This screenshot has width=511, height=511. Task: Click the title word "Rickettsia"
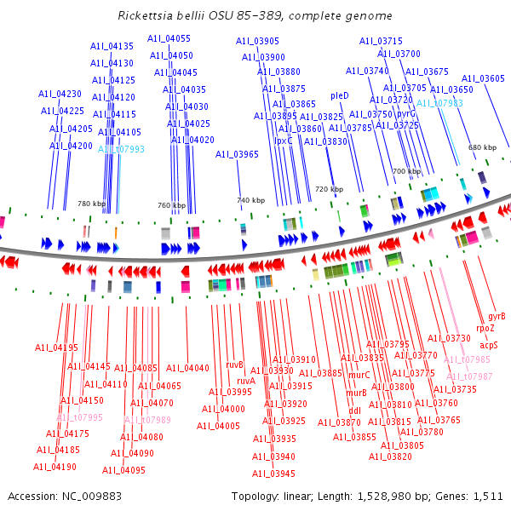click(x=146, y=15)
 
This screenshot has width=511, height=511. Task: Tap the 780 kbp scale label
click(x=91, y=204)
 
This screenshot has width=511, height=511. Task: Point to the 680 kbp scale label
click(x=482, y=147)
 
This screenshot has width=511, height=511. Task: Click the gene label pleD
click(x=339, y=95)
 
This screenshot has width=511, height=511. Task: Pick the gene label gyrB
click(x=497, y=316)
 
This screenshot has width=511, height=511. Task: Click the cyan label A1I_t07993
click(x=121, y=149)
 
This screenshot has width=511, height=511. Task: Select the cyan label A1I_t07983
click(x=439, y=103)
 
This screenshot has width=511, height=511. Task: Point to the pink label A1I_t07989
click(x=147, y=420)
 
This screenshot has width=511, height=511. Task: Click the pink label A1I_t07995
click(x=79, y=417)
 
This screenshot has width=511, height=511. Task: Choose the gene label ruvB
click(x=235, y=365)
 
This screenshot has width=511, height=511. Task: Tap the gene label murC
click(x=359, y=375)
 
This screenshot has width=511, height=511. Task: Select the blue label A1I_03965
click(x=236, y=154)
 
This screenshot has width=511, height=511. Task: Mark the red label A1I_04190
click(x=55, y=467)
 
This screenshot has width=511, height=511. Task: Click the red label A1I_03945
click(x=273, y=474)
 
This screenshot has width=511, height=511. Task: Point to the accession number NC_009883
click(x=99, y=496)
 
